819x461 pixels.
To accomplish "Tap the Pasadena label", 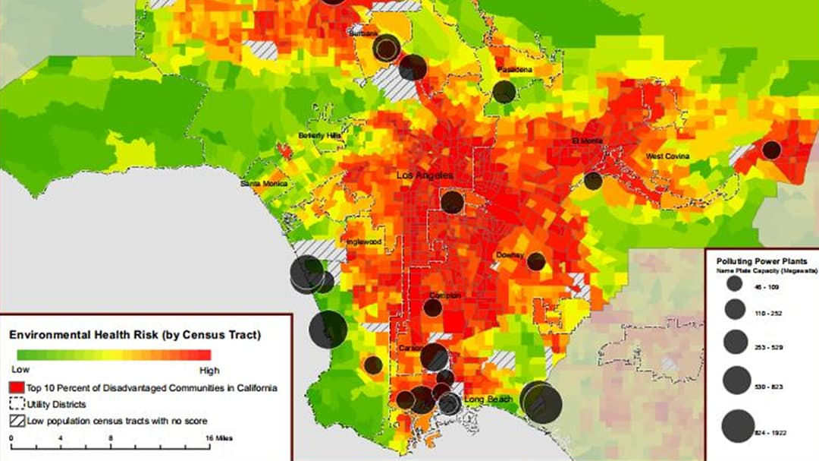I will [515, 70].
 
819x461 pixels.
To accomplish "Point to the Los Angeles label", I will [425, 175].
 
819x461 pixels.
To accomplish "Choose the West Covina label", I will [667, 156].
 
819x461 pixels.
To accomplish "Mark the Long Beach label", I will [490, 399].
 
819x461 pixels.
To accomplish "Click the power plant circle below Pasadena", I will [504, 92].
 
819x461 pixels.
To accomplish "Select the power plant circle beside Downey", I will [536, 261].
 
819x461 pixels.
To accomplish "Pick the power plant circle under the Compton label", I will [432, 308].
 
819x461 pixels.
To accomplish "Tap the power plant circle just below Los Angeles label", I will [452, 202].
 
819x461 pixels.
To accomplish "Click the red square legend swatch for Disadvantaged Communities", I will [17, 388].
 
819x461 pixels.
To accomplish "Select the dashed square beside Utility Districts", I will [17, 405].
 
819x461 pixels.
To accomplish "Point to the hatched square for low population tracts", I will [17, 421].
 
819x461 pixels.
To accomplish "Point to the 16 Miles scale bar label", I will [220, 438].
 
